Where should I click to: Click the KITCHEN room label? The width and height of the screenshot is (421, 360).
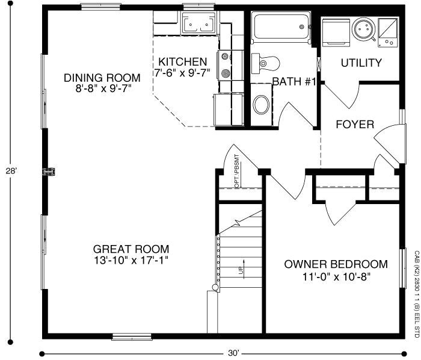click(183, 62)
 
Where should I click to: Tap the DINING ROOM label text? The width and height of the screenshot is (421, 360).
click(102, 78)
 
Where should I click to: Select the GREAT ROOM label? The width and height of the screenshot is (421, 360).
click(131, 249)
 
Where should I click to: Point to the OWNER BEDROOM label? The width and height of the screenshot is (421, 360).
click(336, 264)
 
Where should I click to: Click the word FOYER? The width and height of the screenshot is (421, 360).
click(355, 125)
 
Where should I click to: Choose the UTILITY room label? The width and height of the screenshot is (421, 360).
click(361, 63)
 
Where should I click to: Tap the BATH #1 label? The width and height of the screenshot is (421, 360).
click(294, 81)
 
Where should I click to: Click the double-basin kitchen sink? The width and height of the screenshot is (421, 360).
click(198, 25)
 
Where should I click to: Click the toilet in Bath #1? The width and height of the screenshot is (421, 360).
click(266, 62)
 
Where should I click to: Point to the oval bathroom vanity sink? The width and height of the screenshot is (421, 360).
click(262, 105)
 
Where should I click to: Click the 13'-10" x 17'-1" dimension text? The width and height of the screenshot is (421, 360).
click(131, 261)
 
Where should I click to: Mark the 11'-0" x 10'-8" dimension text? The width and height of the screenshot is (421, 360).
click(336, 277)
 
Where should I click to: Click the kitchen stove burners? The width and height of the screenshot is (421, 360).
click(226, 66)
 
